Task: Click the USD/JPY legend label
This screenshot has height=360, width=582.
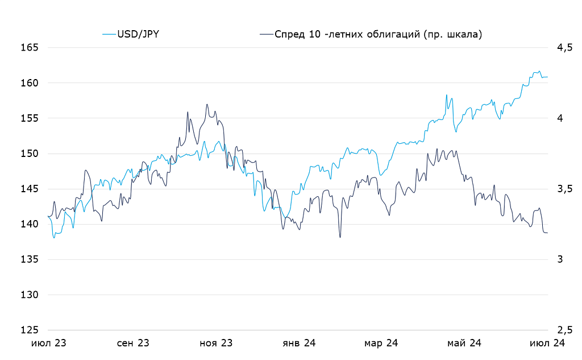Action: coord(138,34)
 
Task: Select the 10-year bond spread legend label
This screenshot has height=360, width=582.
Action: coord(378,34)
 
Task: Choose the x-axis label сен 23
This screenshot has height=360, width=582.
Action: coord(133,344)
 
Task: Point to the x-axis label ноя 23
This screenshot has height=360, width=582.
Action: coord(217,344)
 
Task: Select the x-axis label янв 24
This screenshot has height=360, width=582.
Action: coord(299,344)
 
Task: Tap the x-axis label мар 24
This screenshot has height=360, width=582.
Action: coord(381,344)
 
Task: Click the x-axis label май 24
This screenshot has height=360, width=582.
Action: coord(464,344)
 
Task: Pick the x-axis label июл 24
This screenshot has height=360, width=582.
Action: coord(547,344)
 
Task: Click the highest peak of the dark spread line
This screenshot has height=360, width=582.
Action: coord(207,104)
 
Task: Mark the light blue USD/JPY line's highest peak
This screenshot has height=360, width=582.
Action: coord(539,71)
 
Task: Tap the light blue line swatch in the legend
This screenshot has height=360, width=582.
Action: coord(109,34)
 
